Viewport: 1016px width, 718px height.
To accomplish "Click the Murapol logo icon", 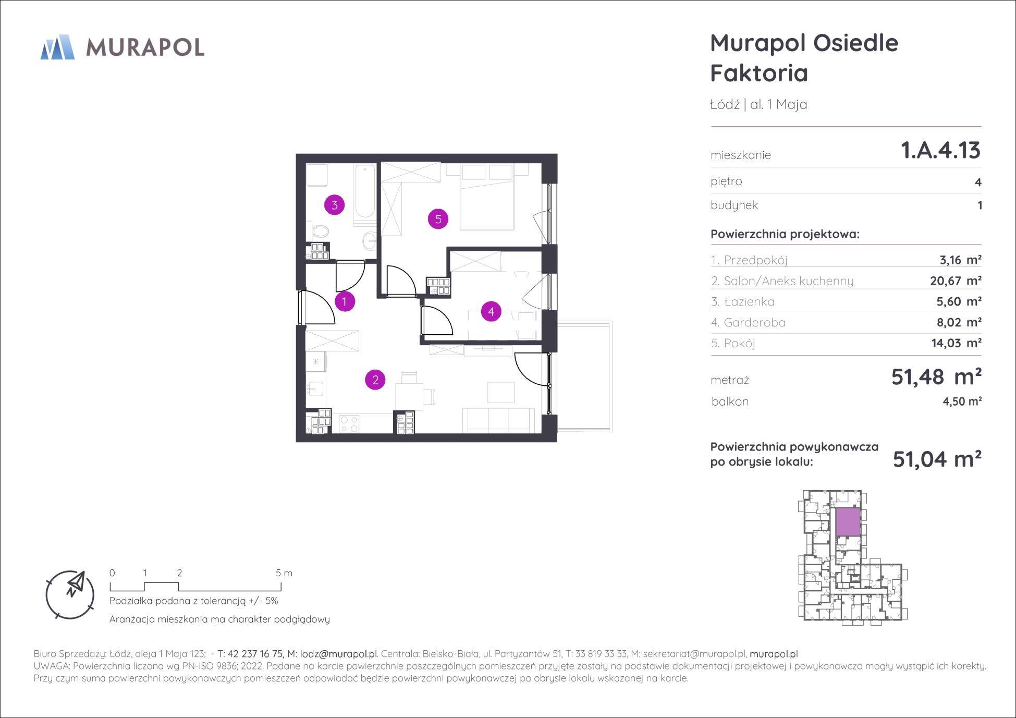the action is pyautogui.click(x=57, y=47).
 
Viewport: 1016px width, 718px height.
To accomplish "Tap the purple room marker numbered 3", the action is pyautogui.click(x=334, y=205).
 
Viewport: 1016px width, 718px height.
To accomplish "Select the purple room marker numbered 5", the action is pyautogui.click(x=438, y=219).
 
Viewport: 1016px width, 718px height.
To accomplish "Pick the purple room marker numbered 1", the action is pyautogui.click(x=344, y=301).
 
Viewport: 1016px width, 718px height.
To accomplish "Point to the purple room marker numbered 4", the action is pyautogui.click(x=491, y=312).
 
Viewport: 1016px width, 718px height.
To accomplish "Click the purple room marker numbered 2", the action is pyautogui.click(x=375, y=380).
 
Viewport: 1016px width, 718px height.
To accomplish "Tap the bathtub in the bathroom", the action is pyautogui.click(x=365, y=195).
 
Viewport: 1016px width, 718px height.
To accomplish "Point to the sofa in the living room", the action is pyautogui.click(x=499, y=420).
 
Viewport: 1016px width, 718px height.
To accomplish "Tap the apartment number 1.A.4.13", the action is pyautogui.click(x=940, y=150).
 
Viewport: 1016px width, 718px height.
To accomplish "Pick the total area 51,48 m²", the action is pyautogui.click(x=936, y=376).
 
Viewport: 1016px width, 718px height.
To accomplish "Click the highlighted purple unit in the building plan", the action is pyautogui.click(x=848, y=522).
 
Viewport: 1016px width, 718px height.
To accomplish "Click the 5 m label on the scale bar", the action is pyautogui.click(x=284, y=573).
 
